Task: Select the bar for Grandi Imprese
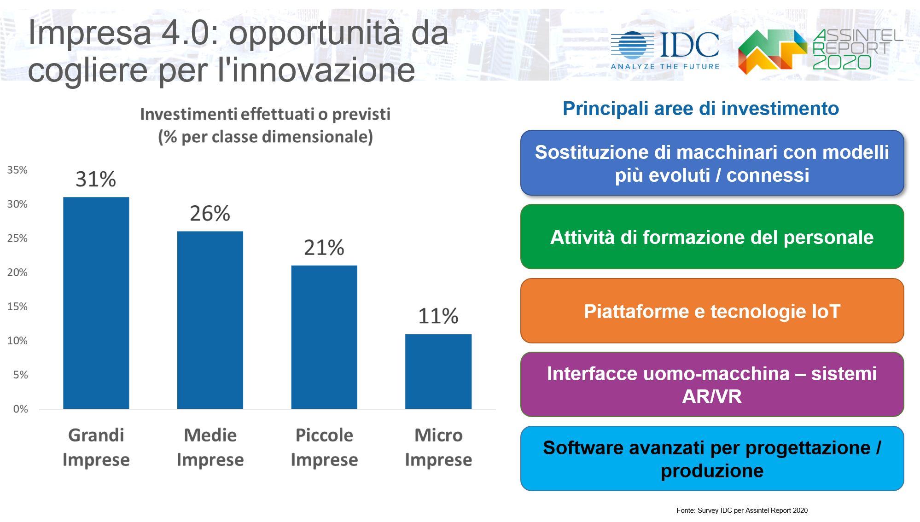click(x=96, y=303)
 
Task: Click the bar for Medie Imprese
click(x=210, y=320)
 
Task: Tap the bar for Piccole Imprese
click(x=324, y=337)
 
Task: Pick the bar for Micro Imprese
click(x=438, y=371)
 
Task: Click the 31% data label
click(x=96, y=179)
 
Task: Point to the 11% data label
click(x=438, y=316)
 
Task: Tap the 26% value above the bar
click(x=210, y=214)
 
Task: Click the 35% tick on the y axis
click(x=17, y=170)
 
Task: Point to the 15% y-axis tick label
click(x=17, y=307)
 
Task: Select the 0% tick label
click(x=20, y=409)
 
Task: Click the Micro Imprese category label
click(x=438, y=447)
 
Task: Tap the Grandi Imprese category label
click(x=96, y=447)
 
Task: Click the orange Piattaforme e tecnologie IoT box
click(x=712, y=311)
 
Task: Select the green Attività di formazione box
click(x=712, y=237)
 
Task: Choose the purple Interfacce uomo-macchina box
click(x=712, y=385)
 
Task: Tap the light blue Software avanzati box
click(x=712, y=459)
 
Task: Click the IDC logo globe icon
click(x=632, y=45)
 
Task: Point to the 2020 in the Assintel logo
click(x=842, y=62)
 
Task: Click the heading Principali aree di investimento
click(x=700, y=109)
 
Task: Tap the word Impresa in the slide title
click(x=90, y=33)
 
